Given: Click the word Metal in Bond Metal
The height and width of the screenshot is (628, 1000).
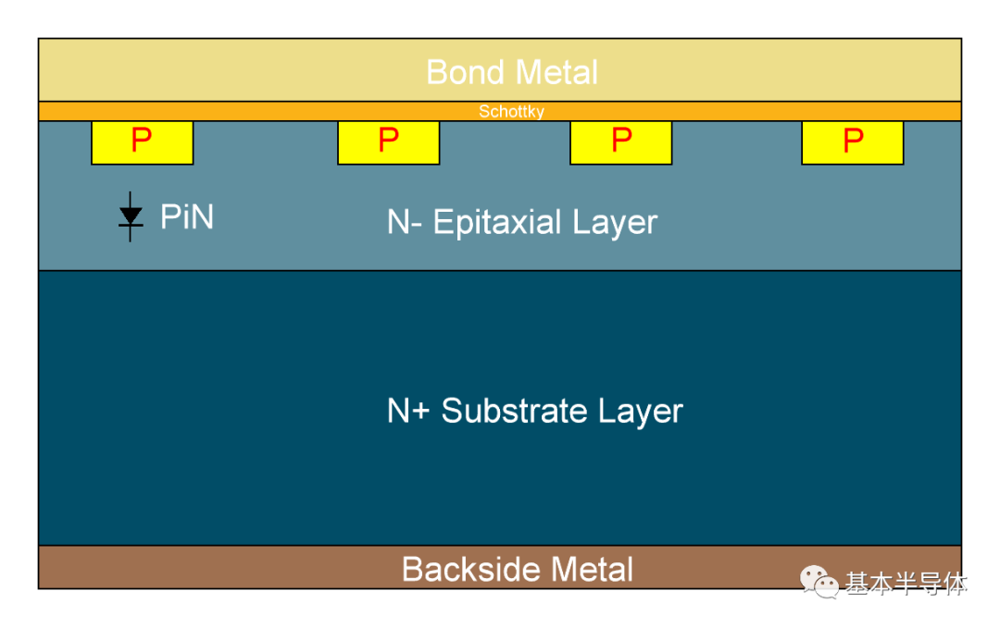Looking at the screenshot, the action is pos(556,72).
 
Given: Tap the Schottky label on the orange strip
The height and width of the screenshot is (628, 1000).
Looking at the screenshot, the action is pos(511,112).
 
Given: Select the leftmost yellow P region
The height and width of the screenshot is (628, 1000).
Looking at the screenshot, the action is pos(143,142).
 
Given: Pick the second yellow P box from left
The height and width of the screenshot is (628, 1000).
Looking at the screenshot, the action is pos(388,142).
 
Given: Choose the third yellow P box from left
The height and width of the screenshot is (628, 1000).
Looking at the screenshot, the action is pos(620,142).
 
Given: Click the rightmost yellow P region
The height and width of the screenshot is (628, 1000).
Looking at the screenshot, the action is pos(852,142).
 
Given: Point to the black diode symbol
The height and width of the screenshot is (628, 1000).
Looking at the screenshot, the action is pos(131,216).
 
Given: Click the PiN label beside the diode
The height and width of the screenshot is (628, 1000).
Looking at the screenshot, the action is pos(187,216).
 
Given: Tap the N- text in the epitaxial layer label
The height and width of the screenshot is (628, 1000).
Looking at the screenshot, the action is pos(404,222).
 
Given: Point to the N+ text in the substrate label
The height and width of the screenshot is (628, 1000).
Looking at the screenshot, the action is pos(407,411).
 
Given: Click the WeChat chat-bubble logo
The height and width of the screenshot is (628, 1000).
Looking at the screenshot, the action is pos(819,582).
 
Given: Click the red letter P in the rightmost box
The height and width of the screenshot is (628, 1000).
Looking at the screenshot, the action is pos(854,141).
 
